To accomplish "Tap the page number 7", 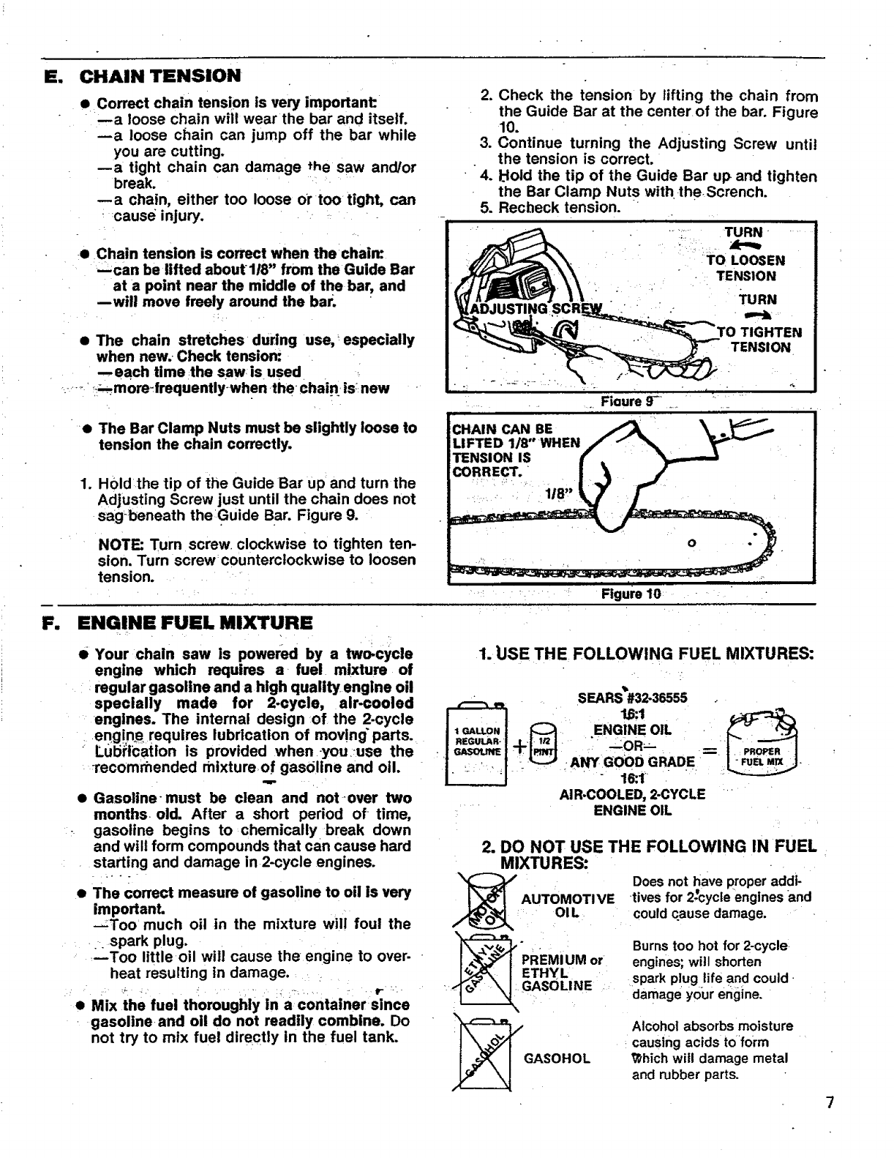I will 830,1103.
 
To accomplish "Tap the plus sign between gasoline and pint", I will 519,747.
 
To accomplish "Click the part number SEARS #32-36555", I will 632,698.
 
